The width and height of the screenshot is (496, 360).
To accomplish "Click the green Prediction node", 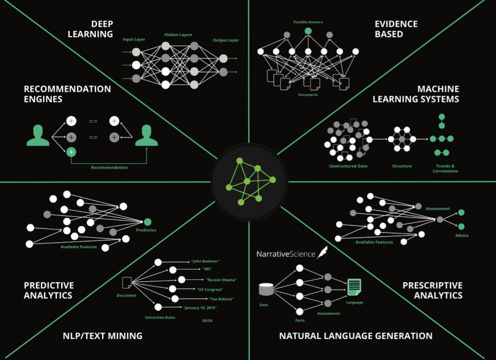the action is (148, 222).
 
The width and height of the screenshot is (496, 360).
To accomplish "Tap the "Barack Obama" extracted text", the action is (221, 280).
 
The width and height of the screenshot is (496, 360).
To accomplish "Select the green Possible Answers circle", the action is (308, 31).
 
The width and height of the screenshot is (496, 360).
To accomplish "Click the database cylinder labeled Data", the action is (266, 289).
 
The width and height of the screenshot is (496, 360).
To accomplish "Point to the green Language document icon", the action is (354, 287).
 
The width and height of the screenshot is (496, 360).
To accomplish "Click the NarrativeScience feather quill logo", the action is (322, 252).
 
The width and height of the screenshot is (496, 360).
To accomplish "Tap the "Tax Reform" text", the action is (221, 299).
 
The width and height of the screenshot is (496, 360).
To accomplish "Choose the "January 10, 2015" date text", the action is (200, 308).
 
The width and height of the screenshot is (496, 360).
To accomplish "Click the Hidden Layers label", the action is (178, 35).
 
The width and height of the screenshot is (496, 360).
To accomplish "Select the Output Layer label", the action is (226, 40).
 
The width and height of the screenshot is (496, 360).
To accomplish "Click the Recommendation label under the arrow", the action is (109, 167).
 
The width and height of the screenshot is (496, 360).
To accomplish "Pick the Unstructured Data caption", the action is (348, 166).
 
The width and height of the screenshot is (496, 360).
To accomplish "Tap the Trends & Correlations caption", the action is (446, 168).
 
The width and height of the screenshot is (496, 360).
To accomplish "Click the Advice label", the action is (462, 235).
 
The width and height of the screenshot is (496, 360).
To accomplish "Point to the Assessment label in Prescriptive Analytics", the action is (438, 209).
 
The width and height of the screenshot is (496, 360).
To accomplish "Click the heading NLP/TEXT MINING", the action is (103, 336).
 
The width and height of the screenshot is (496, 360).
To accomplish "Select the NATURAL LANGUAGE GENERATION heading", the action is (356, 336).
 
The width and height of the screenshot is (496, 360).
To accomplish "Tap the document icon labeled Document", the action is (127, 283).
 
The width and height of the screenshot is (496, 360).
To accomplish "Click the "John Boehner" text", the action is (205, 261).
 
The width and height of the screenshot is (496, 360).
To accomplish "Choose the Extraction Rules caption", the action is (160, 317).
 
